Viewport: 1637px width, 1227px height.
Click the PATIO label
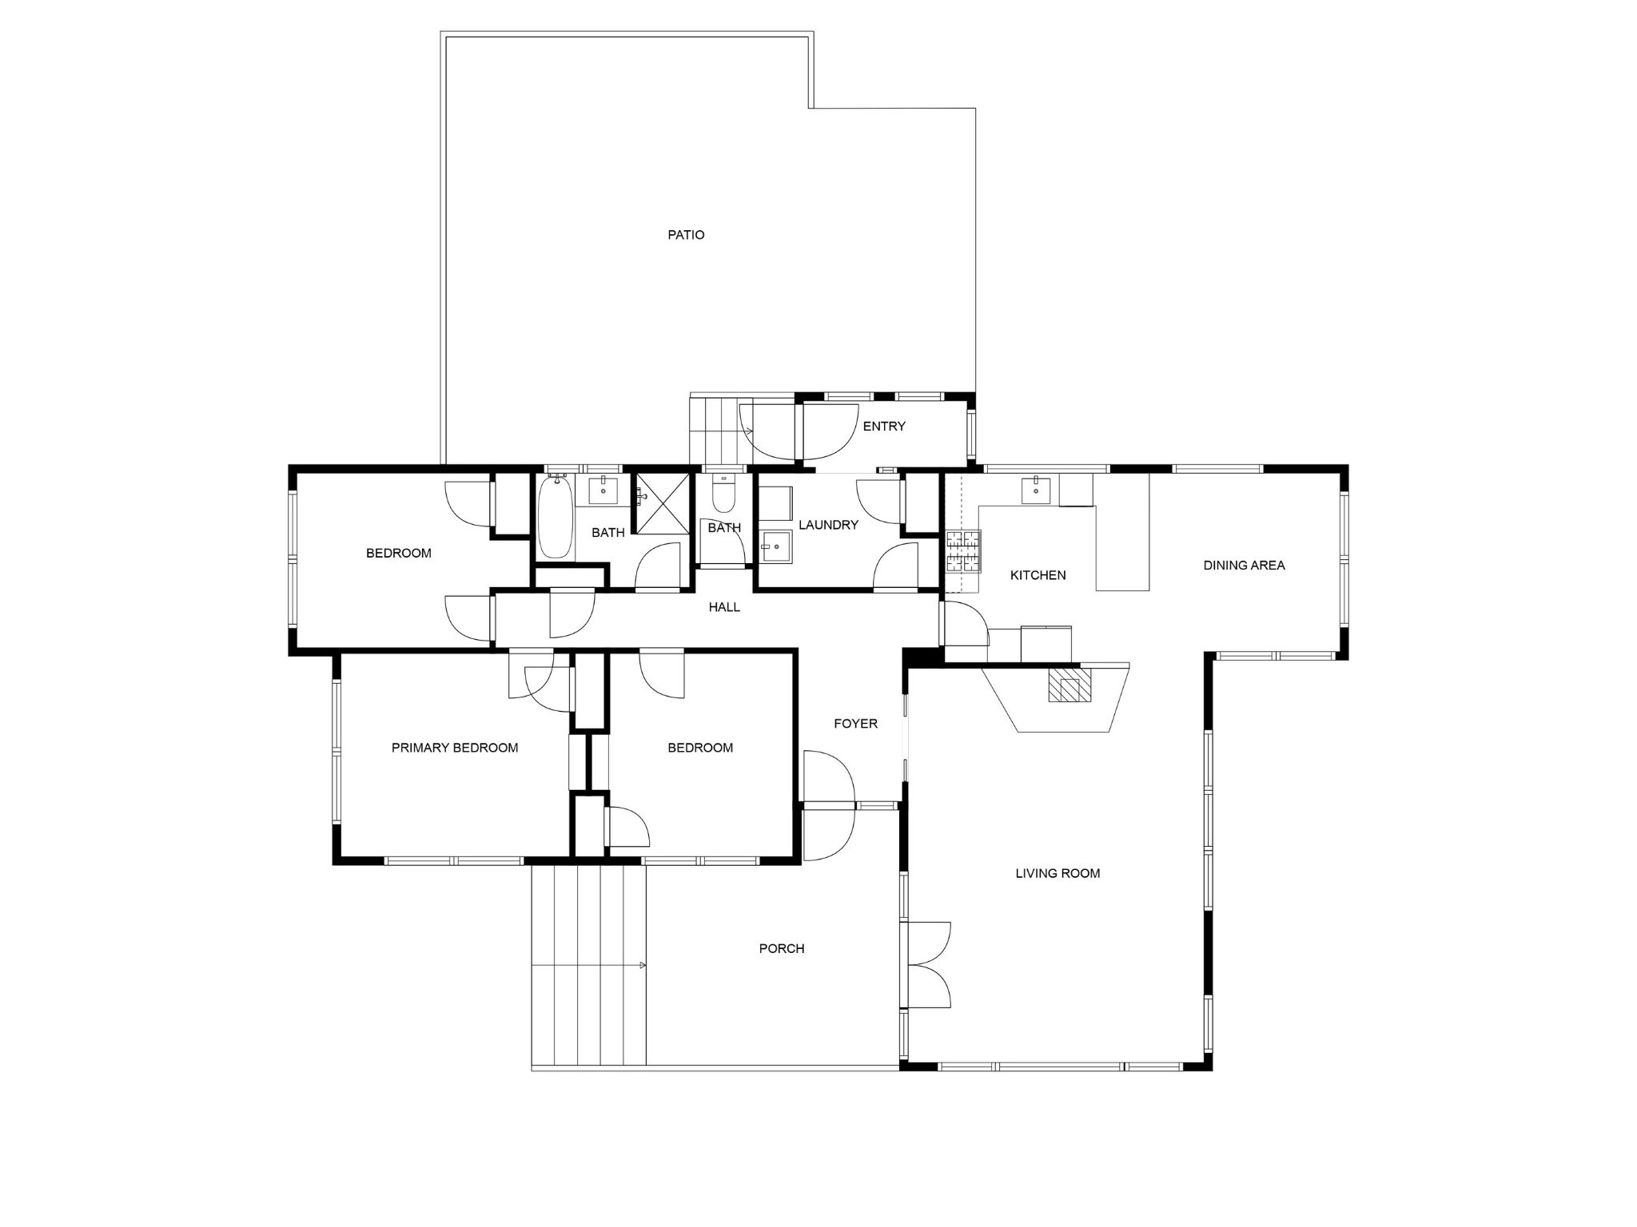click(x=686, y=235)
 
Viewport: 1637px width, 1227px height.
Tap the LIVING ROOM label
click(x=1057, y=873)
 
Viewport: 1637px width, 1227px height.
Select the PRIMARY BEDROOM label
click(x=455, y=748)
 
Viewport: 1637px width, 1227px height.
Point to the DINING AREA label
click(x=1244, y=565)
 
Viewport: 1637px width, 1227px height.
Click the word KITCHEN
click(x=1038, y=575)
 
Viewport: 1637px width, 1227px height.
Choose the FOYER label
click(x=855, y=724)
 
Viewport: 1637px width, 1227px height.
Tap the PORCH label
click(x=782, y=948)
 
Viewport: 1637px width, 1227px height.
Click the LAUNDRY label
click(x=828, y=525)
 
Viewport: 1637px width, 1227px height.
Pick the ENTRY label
click(x=884, y=427)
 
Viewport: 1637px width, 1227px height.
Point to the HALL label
click(x=724, y=607)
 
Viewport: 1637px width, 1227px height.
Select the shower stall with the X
click(x=661, y=503)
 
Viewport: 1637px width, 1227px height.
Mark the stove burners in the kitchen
click(x=963, y=551)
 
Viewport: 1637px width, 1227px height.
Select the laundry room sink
click(x=775, y=546)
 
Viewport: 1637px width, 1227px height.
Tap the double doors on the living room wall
click(x=929, y=964)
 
